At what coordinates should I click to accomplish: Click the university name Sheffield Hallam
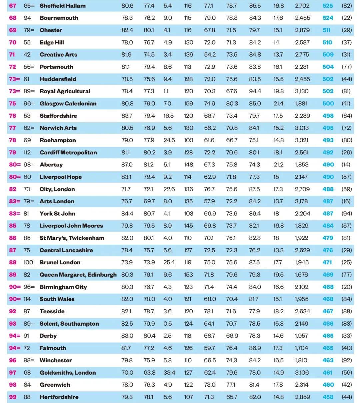62,6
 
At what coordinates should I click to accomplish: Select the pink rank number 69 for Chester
13,30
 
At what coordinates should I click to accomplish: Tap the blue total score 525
328,6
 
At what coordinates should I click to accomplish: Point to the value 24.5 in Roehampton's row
169,140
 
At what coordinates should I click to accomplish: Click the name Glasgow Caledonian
68,103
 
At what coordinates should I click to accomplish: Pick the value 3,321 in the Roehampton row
302,140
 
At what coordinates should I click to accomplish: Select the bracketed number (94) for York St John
347,213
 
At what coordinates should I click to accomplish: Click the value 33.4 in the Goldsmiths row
169,372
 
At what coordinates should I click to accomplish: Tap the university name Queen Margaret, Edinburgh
78,275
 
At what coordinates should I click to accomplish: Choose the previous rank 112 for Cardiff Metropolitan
27,152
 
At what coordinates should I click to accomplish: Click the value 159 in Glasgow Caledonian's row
188,103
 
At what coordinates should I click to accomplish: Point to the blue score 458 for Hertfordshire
328,397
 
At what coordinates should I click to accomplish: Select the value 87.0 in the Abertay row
127,165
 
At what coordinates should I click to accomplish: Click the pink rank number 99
13,397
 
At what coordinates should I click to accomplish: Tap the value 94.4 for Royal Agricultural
255,91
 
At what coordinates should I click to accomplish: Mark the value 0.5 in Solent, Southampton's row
168,323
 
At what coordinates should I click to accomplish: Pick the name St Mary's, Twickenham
72,238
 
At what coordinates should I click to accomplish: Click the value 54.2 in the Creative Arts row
210,54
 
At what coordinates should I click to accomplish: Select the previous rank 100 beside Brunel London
28,262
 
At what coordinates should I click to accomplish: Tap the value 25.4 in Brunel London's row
169,262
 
